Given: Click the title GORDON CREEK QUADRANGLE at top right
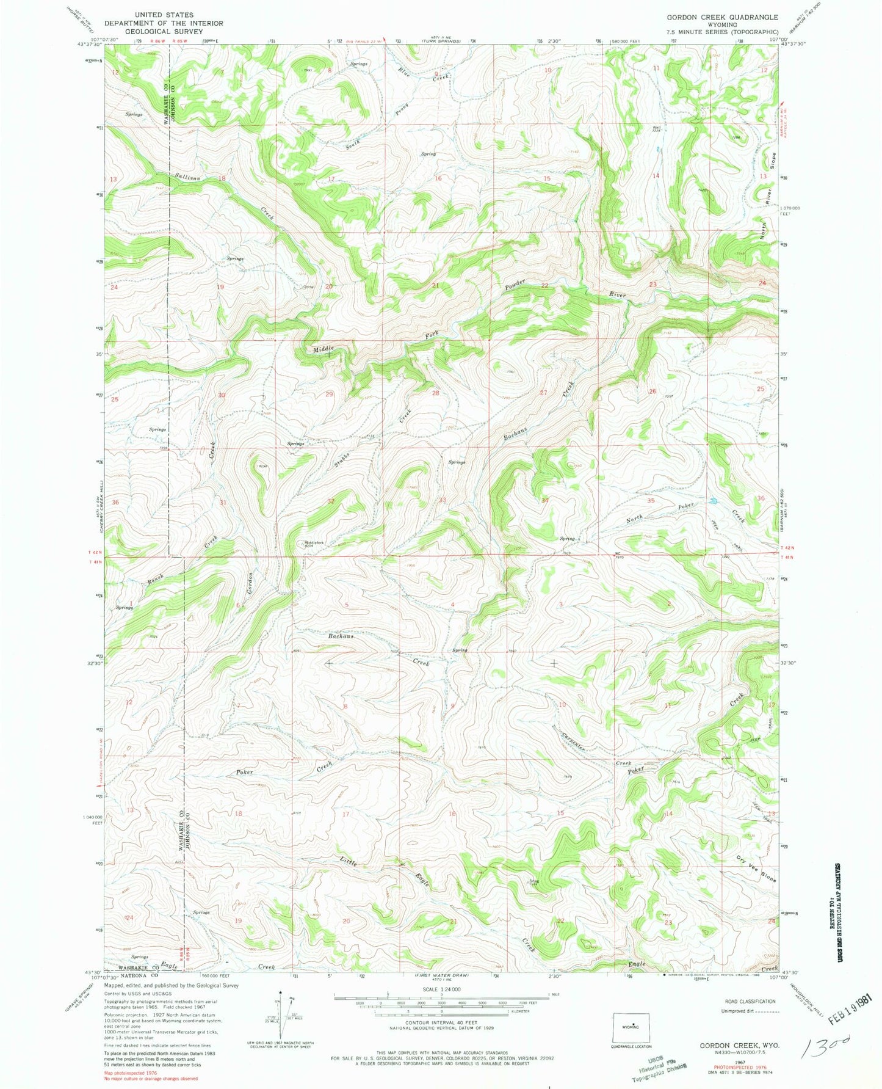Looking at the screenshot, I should (722, 17).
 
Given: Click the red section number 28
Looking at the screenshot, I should (435, 393).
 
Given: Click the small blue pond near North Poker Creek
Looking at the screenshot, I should (712, 501).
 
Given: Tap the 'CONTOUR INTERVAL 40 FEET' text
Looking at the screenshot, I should (440, 1036).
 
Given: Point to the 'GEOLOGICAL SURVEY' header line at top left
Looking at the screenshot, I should (163, 32).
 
